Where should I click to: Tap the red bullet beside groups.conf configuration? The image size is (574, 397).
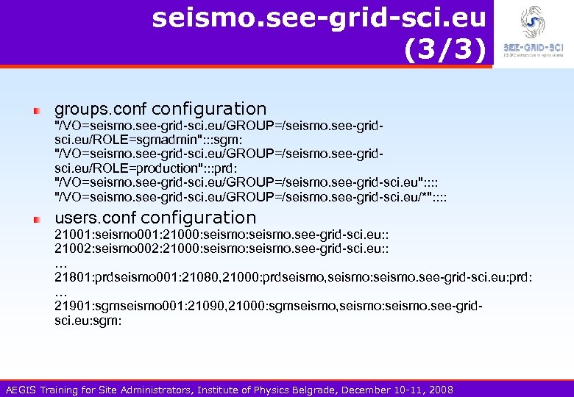[36, 110]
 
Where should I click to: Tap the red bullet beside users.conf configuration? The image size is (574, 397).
[36, 219]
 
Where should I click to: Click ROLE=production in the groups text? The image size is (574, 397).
[140, 168]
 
